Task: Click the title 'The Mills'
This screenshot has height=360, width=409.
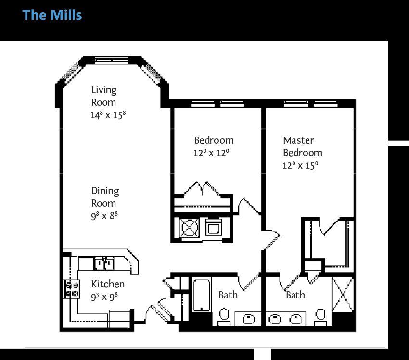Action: pos(52,15)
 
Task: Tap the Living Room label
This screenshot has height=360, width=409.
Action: pos(104,96)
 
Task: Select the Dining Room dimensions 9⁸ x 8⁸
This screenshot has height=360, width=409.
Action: pos(104,216)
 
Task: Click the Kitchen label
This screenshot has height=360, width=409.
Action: pos(108,284)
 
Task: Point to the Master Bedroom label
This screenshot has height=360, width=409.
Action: pos(303,147)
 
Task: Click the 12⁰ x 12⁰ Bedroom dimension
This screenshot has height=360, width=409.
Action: pos(211,153)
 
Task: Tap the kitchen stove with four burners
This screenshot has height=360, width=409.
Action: pos(72,289)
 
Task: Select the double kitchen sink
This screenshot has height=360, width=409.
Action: pos(104,263)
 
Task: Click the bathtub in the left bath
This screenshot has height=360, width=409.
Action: pos(201,296)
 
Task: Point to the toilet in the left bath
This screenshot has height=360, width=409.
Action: pos(224,317)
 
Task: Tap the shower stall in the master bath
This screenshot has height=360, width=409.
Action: pos(343,295)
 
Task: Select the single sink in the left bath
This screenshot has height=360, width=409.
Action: pos(248,319)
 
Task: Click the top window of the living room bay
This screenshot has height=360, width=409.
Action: pos(112,61)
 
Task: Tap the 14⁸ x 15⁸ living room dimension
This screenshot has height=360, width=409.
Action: pos(108,115)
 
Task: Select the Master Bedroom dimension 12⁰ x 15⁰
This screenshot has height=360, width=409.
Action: pos(300,165)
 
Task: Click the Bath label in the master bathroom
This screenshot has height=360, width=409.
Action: pos(295,295)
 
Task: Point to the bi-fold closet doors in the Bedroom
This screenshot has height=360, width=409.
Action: pos(202,188)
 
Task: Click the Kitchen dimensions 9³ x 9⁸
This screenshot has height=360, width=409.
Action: pos(104,297)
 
